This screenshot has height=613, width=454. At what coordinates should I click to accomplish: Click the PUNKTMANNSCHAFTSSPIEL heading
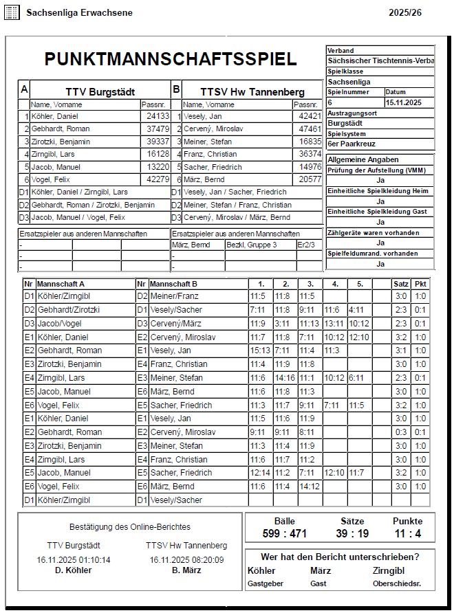[x=171, y=59]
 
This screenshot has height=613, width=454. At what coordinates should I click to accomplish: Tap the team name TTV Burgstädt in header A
[x=100, y=91]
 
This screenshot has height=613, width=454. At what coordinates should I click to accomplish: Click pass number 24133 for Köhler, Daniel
[x=158, y=117]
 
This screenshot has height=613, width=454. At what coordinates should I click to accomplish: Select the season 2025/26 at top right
[x=405, y=13]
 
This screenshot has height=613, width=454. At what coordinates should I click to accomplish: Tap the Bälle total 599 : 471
[x=284, y=534]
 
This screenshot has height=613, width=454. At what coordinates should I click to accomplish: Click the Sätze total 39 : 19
[x=352, y=534]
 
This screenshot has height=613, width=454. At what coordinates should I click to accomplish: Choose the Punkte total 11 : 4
[x=408, y=534]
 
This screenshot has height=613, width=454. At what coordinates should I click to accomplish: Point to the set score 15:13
[x=260, y=350]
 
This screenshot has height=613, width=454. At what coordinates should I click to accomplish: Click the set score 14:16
[x=283, y=378]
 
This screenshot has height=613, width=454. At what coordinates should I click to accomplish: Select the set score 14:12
[x=308, y=487]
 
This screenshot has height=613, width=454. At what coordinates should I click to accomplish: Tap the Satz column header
[x=400, y=283]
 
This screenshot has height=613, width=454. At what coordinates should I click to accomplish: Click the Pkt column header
[x=420, y=283]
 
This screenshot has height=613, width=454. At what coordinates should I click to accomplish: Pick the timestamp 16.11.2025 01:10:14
[x=74, y=560]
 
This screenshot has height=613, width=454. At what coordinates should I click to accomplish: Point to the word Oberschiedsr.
[x=397, y=583]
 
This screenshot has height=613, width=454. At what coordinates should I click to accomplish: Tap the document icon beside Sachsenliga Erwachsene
[x=12, y=13]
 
